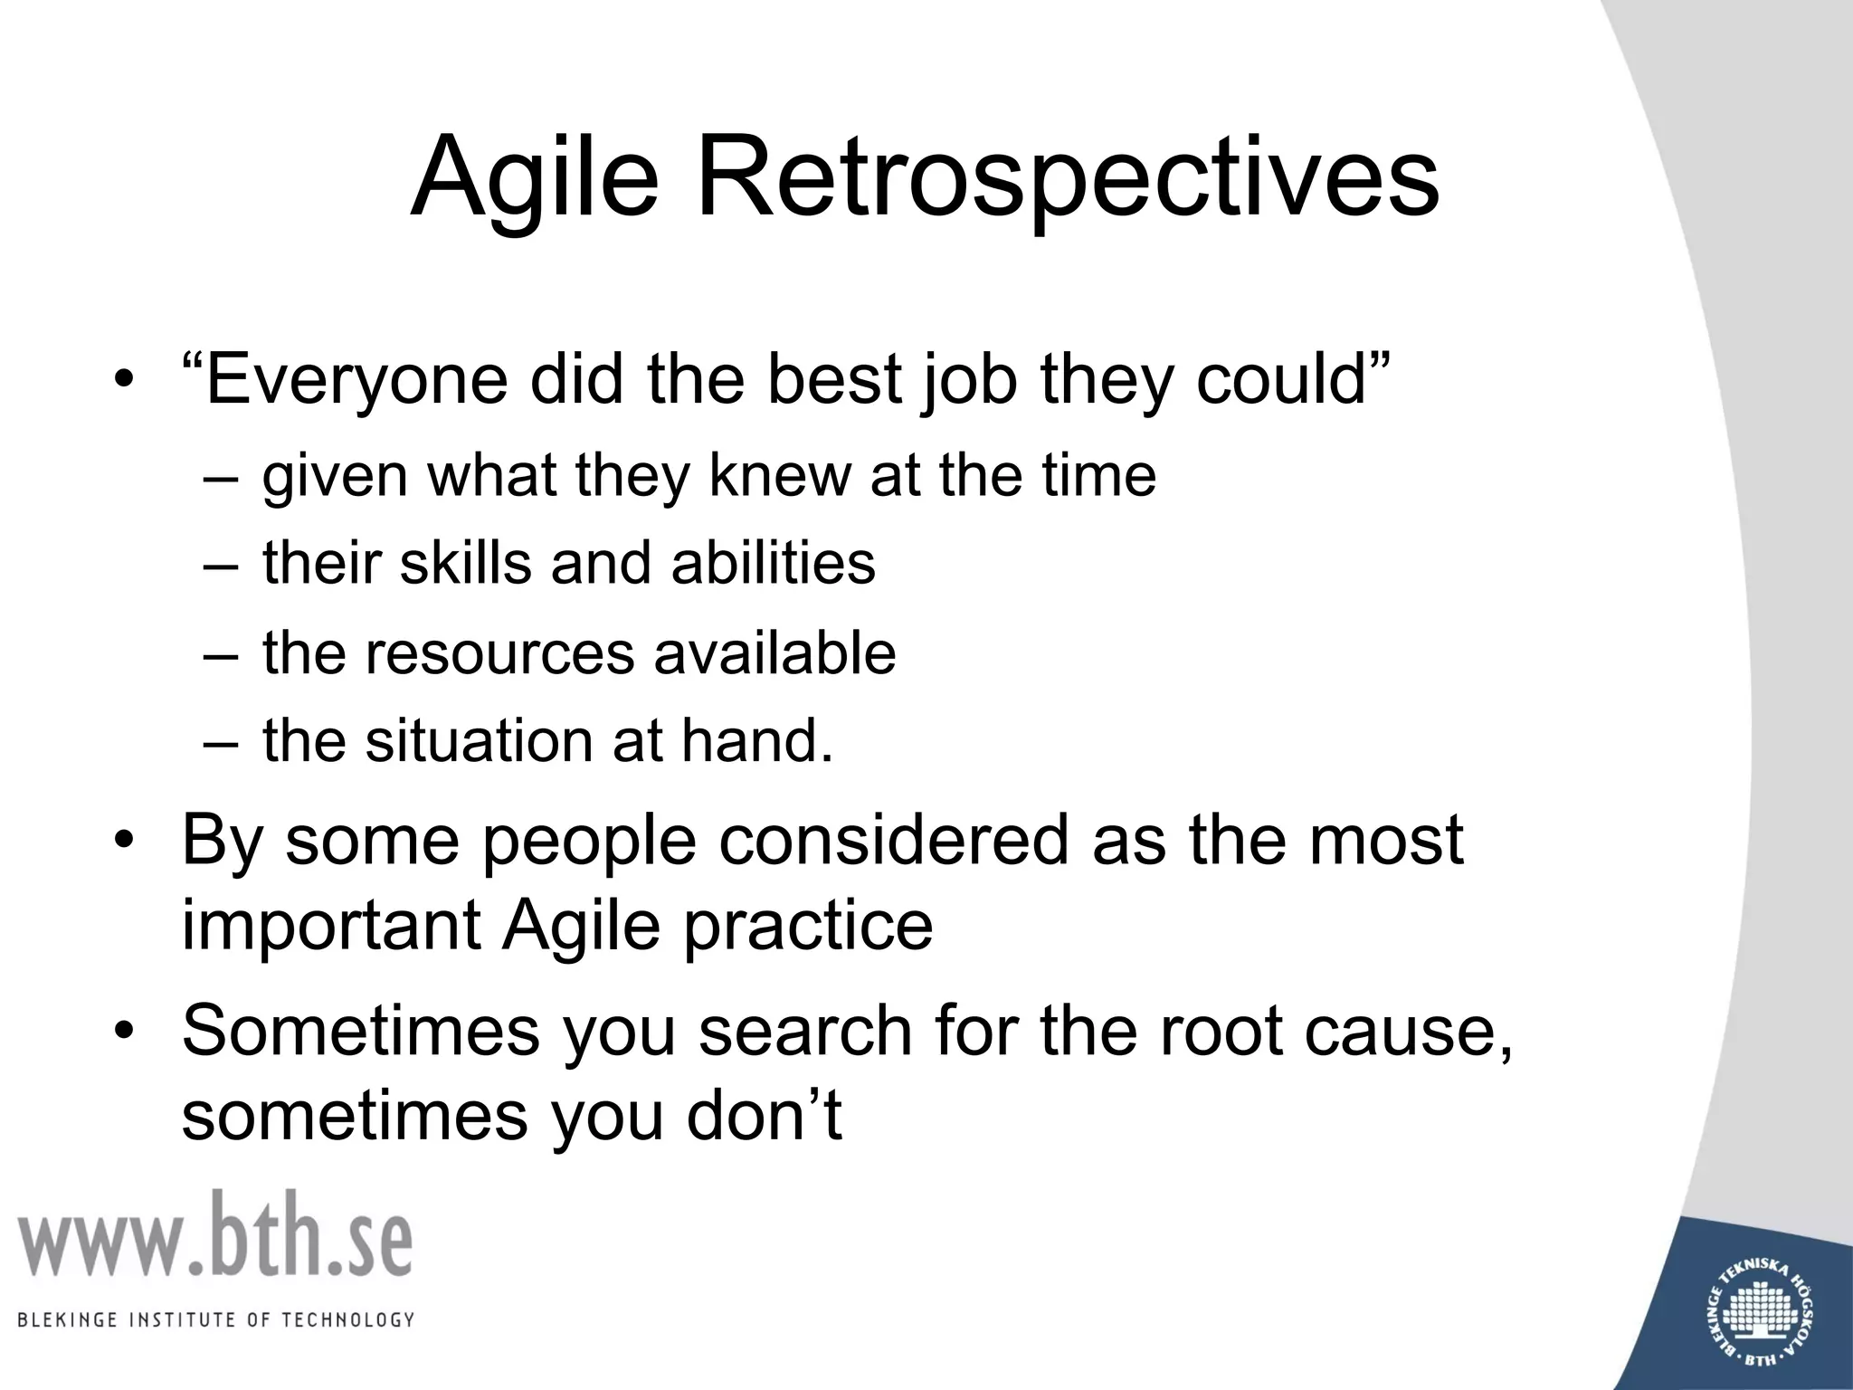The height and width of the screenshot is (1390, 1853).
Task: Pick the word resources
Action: pos(500,653)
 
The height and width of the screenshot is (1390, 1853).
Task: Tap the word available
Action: pos(775,653)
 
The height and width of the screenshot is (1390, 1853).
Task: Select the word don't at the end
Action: pos(764,1115)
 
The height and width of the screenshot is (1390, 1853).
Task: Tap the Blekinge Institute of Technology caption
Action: pos(215,1319)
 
